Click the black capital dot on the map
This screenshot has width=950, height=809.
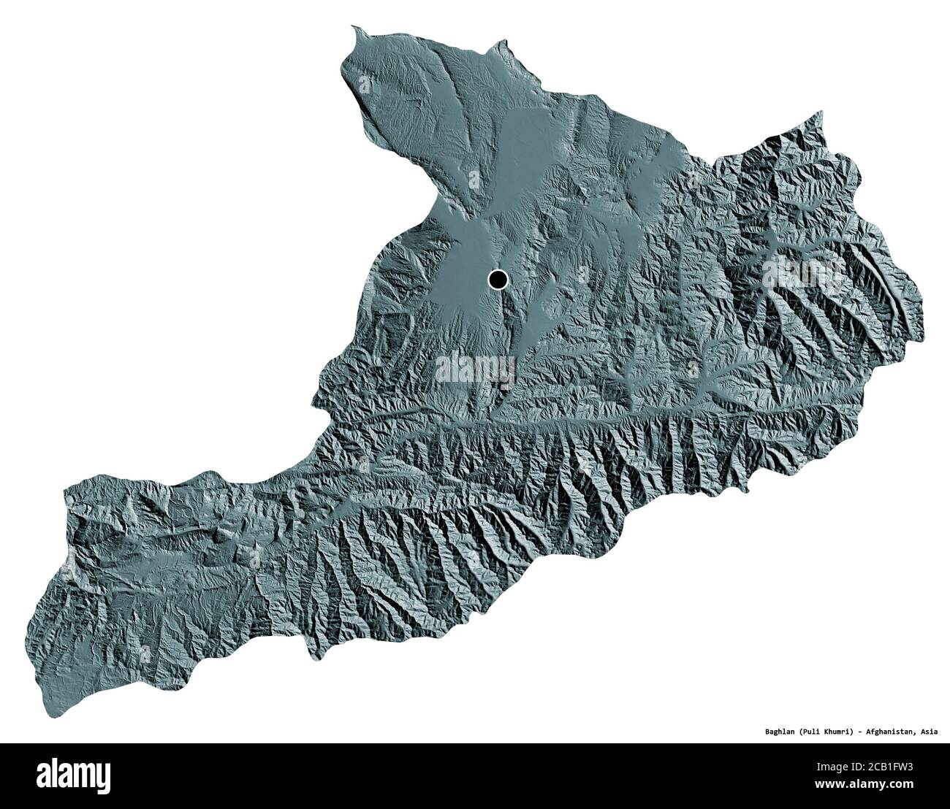click(x=498, y=278)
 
